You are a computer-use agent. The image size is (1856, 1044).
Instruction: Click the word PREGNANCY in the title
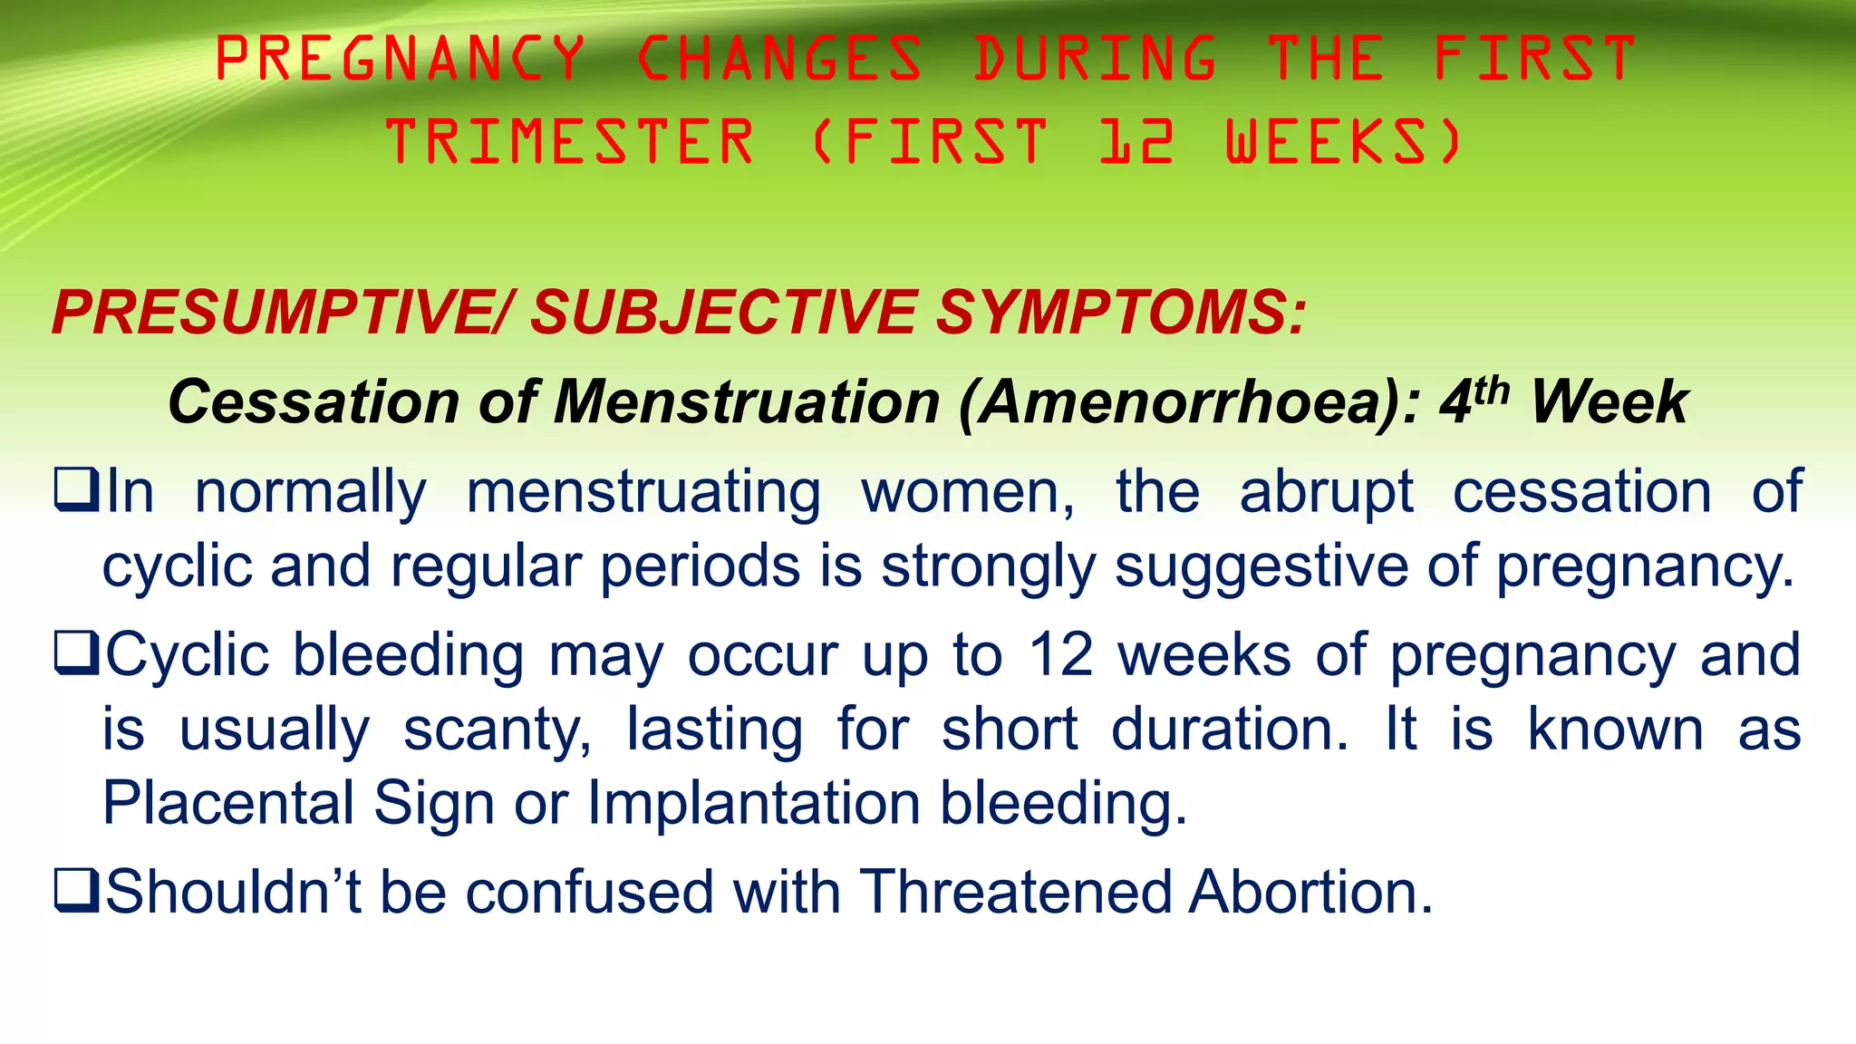(x=400, y=58)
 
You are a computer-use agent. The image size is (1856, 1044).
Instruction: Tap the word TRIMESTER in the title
(x=569, y=142)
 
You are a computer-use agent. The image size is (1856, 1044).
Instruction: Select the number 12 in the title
(x=1136, y=142)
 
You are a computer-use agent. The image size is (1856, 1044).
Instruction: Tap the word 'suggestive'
(x=1261, y=566)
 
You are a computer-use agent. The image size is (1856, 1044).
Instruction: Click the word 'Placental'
(x=227, y=803)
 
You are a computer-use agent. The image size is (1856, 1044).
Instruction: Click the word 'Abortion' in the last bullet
(x=1310, y=892)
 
